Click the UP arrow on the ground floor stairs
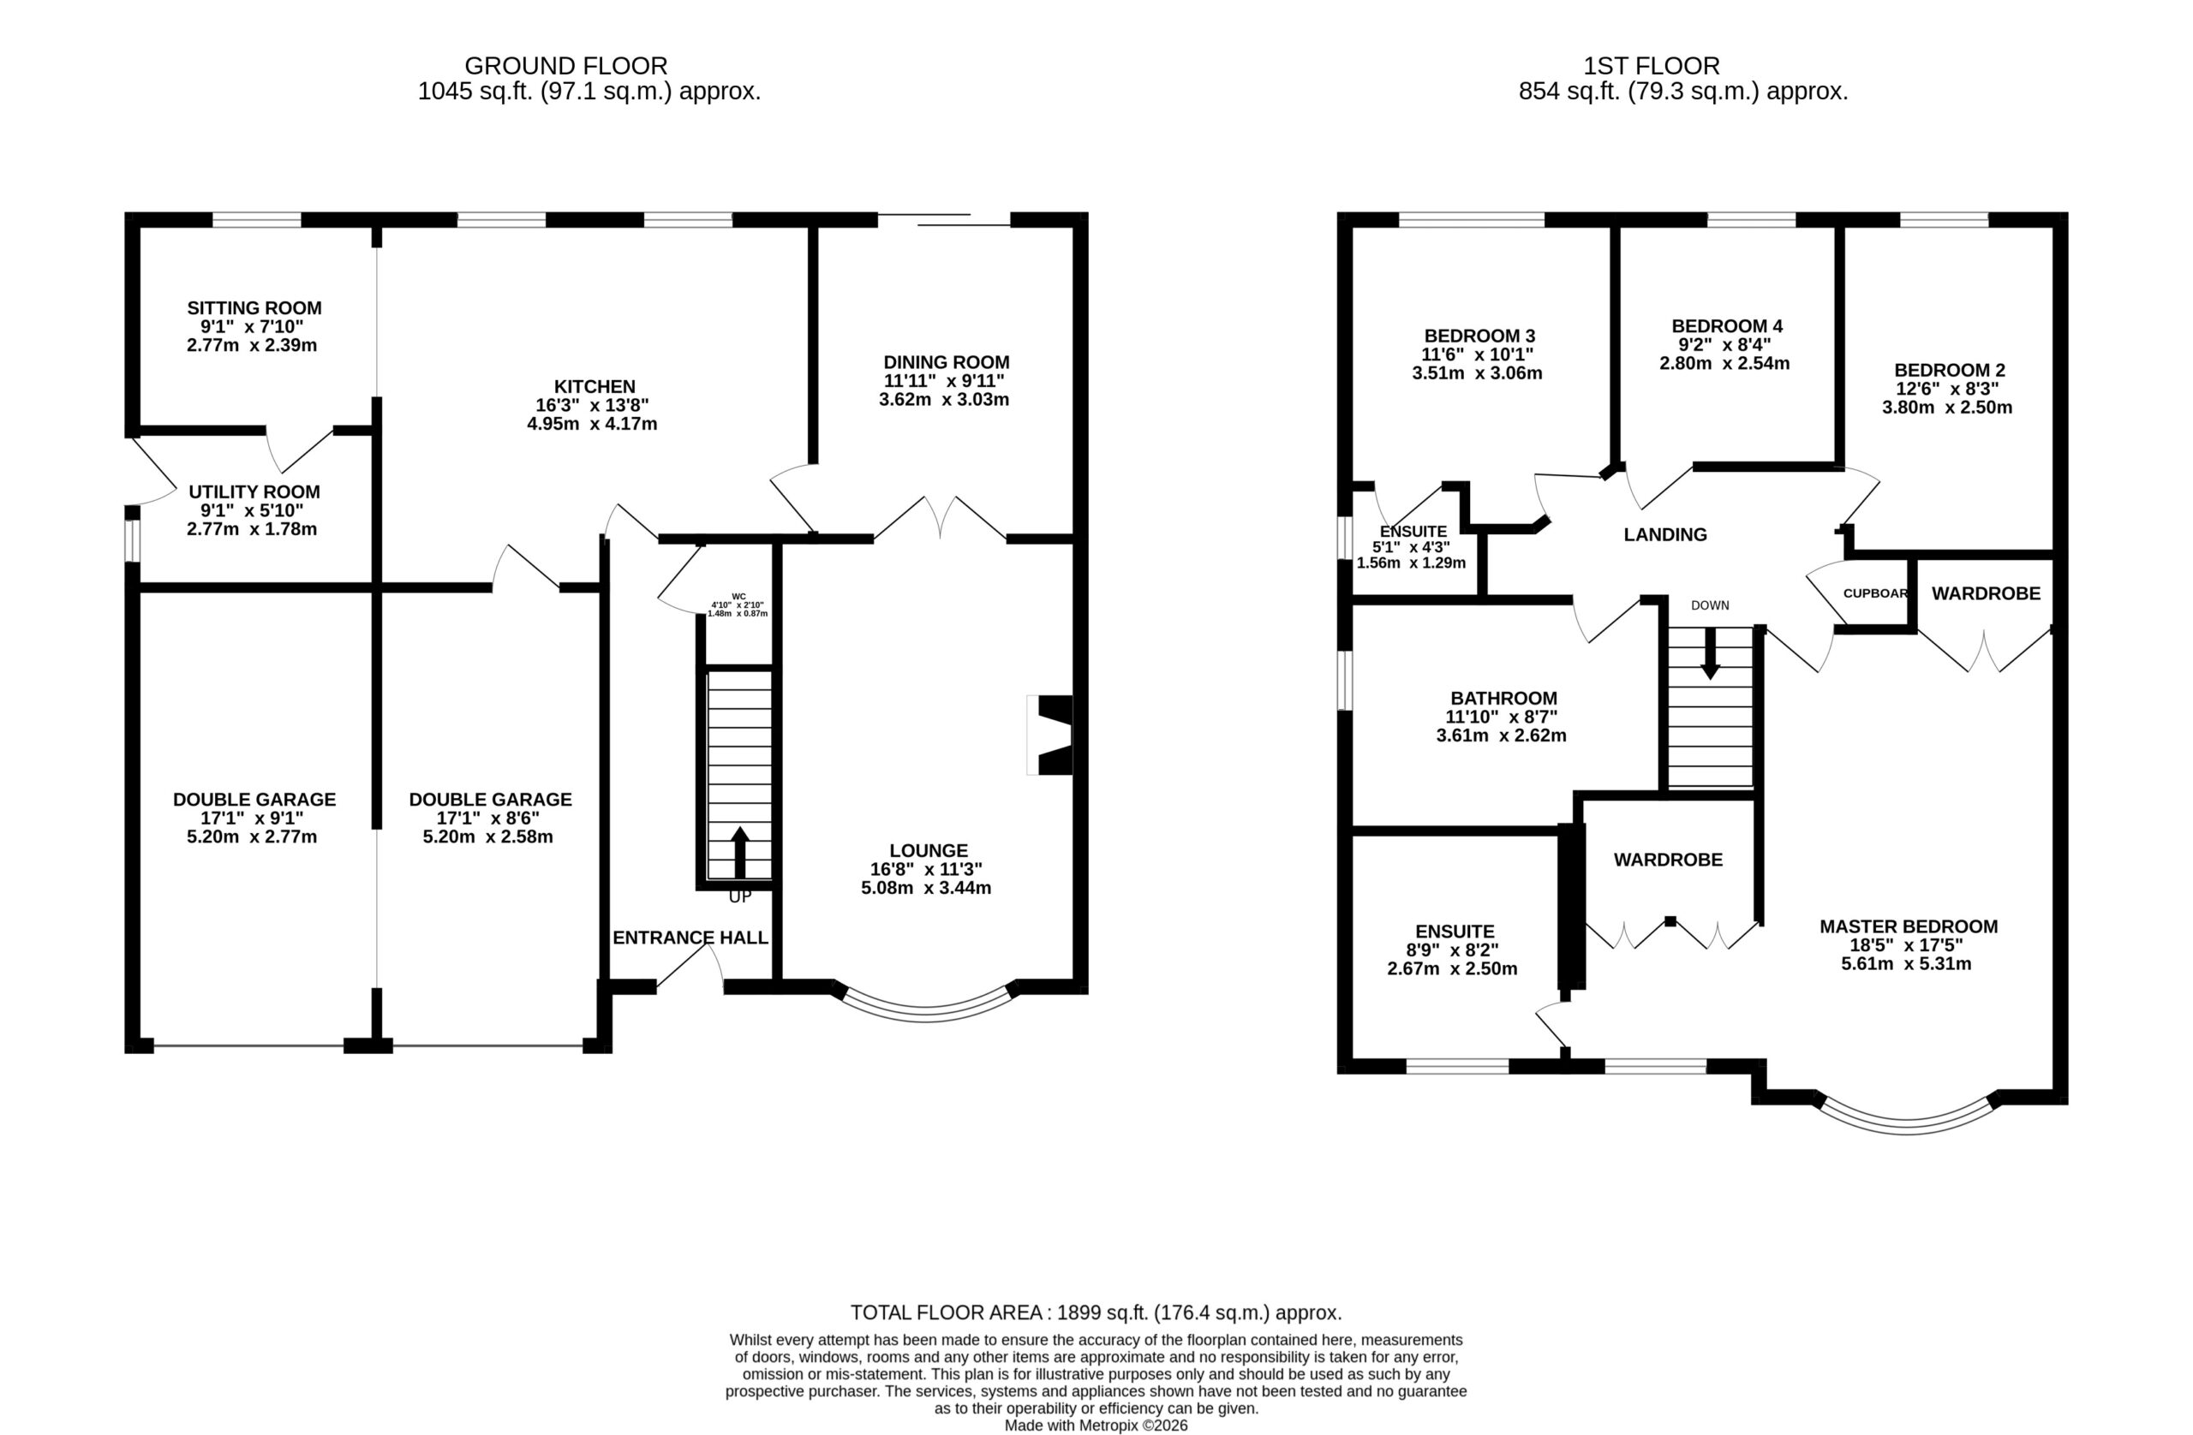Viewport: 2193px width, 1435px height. click(739, 852)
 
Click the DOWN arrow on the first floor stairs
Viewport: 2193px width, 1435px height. click(1710, 654)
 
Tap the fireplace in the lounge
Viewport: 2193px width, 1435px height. click(1050, 735)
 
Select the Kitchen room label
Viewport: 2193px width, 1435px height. click(595, 387)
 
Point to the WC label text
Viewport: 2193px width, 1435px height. click(739, 596)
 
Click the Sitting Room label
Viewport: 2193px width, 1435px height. click(254, 307)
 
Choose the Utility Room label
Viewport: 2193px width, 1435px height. click(254, 491)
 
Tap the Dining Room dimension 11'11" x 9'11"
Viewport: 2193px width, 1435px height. click(945, 380)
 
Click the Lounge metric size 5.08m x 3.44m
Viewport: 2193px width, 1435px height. click(926, 888)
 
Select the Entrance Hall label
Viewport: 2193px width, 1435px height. click(690, 938)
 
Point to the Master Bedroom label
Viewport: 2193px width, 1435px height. click(1909, 926)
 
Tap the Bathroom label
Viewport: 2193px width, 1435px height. click(1503, 698)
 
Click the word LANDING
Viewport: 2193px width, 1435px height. click(1665, 534)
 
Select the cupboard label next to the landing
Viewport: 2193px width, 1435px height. click(1875, 593)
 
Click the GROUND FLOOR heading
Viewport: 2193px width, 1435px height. click(565, 66)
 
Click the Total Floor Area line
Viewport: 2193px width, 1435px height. click(1096, 1313)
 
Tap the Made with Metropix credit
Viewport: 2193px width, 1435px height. click(1096, 1426)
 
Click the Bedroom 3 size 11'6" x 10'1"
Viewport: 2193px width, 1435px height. click(1477, 354)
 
